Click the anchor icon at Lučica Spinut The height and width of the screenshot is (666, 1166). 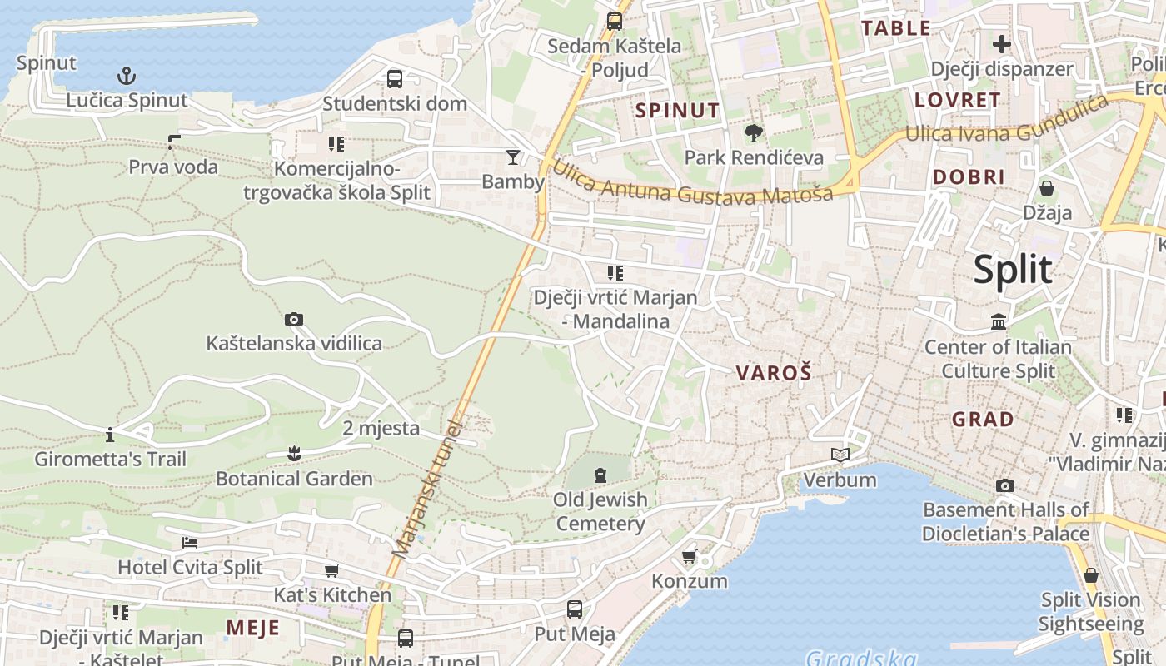(x=126, y=77)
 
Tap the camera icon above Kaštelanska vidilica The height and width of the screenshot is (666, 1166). (x=293, y=319)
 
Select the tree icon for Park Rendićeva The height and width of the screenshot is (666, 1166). (x=754, y=132)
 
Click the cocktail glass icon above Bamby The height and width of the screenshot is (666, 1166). (x=513, y=157)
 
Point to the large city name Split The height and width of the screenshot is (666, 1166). (x=1013, y=270)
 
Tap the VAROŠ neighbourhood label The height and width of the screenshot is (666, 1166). (x=773, y=373)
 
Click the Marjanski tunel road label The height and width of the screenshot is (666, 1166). (x=426, y=487)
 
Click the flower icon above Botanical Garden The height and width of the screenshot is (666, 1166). (x=293, y=454)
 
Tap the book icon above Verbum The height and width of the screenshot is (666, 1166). (x=840, y=455)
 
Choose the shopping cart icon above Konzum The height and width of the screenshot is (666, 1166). (x=689, y=556)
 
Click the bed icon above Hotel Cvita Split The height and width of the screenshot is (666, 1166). (x=190, y=543)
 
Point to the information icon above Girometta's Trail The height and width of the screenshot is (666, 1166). (x=110, y=435)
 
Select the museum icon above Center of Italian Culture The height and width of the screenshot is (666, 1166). (x=999, y=321)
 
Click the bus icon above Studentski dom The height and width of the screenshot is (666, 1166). (x=395, y=79)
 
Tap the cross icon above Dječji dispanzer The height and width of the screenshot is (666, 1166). (x=1001, y=44)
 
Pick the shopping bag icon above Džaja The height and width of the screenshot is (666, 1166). (x=1047, y=188)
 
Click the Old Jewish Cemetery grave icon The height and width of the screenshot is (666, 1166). (x=600, y=475)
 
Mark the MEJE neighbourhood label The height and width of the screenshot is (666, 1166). (x=252, y=628)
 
